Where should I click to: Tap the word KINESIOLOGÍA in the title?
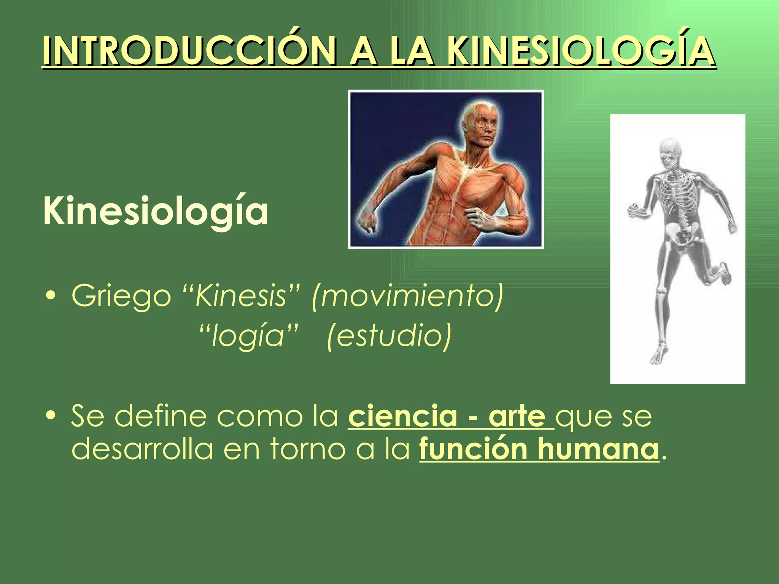pyautogui.click(x=580, y=51)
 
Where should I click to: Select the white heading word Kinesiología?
pyautogui.click(x=156, y=211)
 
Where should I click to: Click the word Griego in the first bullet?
pyautogui.click(x=121, y=296)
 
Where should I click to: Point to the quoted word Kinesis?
pyautogui.click(x=240, y=296)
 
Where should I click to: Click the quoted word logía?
pyautogui.click(x=248, y=336)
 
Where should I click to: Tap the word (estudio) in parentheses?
pyautogui.click(x=389, y=336)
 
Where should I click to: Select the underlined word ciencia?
pyautogui.click(x=402, y=416)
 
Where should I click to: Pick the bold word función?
pyautogui.click(x=473, y=449)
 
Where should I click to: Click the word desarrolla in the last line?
pyautogui.click(x=142, y=449)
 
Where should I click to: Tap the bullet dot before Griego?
pyautogui.click(x=51, y=297)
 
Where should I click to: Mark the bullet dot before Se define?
pyautogui.click(x=51, y=417)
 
